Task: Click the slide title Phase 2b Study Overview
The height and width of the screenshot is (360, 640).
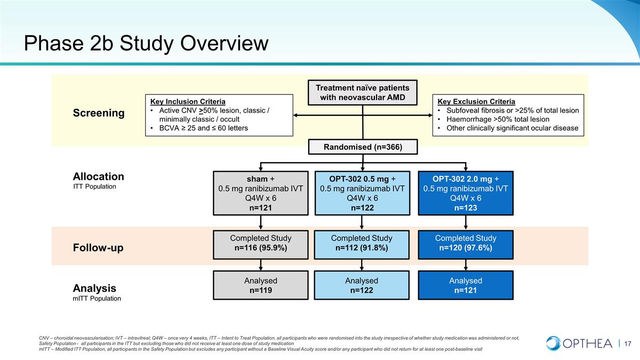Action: tap(146, 43)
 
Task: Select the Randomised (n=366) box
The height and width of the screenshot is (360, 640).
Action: tap(363, 147)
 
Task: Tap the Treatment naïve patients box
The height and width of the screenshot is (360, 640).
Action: tap(363, 93)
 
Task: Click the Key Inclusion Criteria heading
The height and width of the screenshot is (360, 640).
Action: tap(188, 101)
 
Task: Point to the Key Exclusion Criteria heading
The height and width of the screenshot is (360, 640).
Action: tap(476, 101)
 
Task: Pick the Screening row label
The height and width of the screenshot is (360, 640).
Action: tap(99, 113)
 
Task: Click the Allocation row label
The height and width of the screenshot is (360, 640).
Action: tap(98, 177)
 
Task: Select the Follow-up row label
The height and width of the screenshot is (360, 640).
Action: tap(98, 247)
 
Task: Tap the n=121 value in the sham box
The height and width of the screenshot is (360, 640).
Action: tap(261, 207)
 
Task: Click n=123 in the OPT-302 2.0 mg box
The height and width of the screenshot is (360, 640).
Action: tap(466, 207)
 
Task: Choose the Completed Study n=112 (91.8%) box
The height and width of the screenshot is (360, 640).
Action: tap(362, 245)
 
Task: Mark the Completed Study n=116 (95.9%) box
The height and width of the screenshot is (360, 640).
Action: tap(261, 245)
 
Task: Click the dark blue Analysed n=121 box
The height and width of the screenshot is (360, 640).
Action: tap(466, 285)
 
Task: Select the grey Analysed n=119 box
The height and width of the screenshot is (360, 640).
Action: tap(261, 285)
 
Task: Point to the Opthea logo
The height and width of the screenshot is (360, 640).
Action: tap(579, 343)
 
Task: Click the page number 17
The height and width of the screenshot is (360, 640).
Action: tap(628, 343)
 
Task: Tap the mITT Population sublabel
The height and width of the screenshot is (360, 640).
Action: tap(97, 299)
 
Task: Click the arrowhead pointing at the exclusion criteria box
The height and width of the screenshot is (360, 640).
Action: tap(430, 115)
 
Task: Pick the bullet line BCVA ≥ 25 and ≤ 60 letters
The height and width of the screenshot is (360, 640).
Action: tap(203, 128)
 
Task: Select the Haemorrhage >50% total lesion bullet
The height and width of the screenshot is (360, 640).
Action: tap(498, 119)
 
